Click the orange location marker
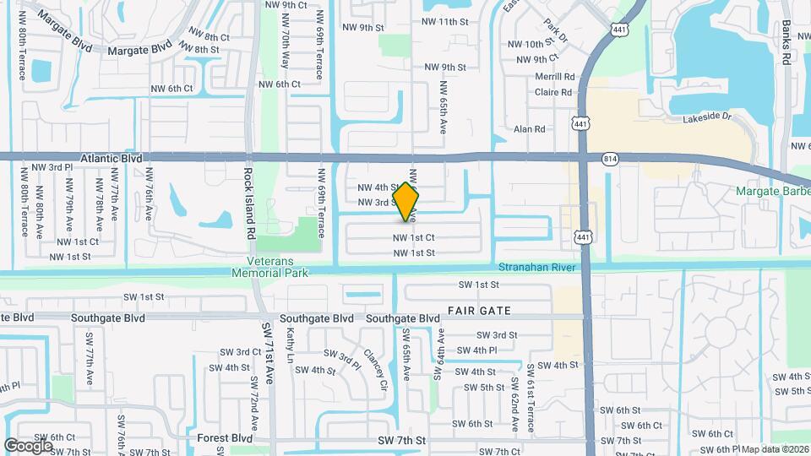(406, 202)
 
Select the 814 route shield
(610, 159)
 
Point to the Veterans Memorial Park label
(278, 267)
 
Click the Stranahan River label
(536, 267)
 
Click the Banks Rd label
(786, 43)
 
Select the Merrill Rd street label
(554, 76)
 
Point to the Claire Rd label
(553, 92)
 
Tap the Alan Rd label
(530, 129)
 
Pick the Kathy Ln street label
(291, 345)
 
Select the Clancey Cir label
(375, 370)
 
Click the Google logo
(28, 444)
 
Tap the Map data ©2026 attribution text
(776, 449)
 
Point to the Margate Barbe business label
(772, 192)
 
